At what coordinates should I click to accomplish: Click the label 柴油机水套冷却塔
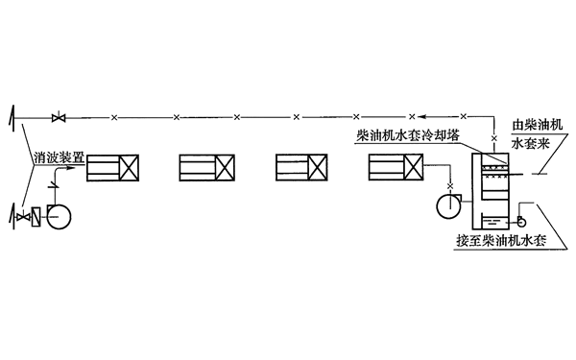[414, 137]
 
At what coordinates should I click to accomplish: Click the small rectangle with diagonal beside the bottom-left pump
[37, 217]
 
